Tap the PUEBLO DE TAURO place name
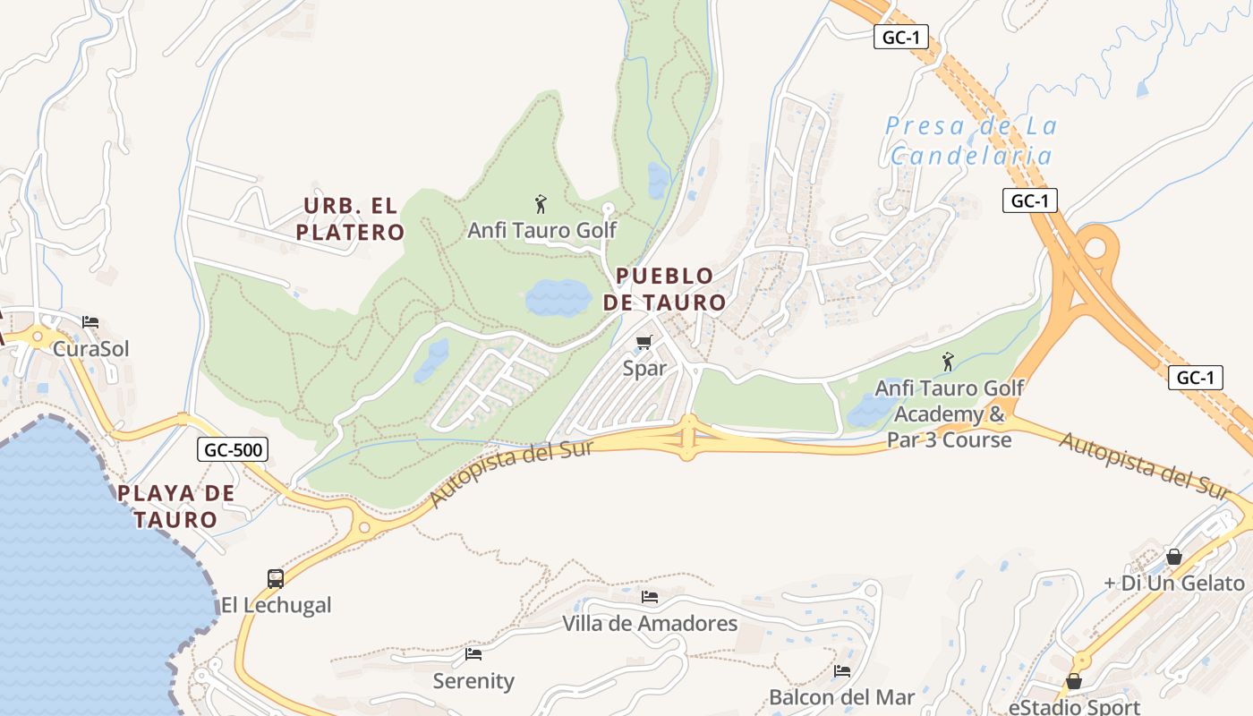pos(664,289)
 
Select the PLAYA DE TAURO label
pos(176,506)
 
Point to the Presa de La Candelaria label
pos(971,141)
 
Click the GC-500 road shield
pos(233,449)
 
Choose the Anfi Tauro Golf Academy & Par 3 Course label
pos(949,414)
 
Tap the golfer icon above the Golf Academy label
pos(948,362)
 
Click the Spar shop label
pos(644,368)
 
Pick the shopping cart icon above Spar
pos(644,342)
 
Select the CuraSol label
pos(90,348)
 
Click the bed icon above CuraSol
pos(90,322)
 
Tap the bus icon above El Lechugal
pos(276,579)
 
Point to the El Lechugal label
pos(276,605)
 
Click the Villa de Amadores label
pos(650,623)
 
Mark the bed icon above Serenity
pos(473,654)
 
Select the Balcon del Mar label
pos(841,696)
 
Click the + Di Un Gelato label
pos(1173,583)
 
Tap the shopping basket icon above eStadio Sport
pos(1074,681)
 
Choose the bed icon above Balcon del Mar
pos(841,670)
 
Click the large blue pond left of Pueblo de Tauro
pos(558,297)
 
